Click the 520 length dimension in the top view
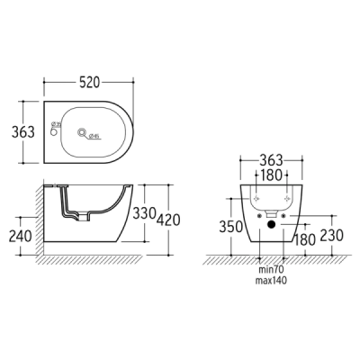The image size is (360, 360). pos(89,81)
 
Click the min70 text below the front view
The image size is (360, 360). pos(267,270)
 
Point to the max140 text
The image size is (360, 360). pos(267,281)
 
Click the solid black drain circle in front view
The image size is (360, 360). pos(267,225)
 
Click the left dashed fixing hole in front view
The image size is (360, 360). pos(254,199)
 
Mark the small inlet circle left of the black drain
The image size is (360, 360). pos(256,217)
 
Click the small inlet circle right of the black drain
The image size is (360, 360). pos(279,217)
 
